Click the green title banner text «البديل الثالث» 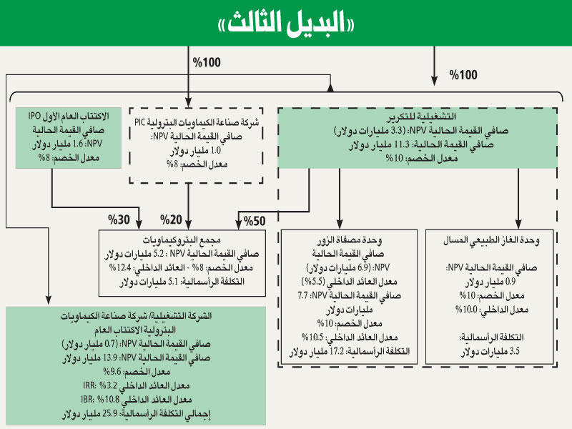point(286,24)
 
